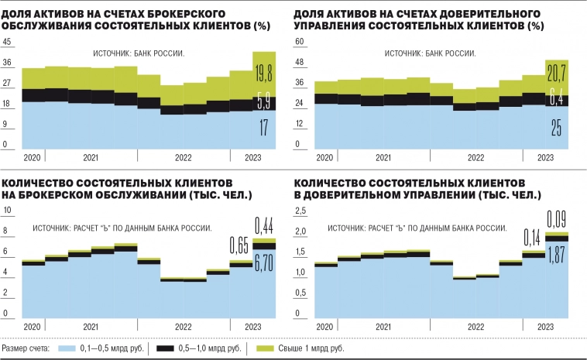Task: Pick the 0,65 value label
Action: [241, 247]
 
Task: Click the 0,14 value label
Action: [533, 237]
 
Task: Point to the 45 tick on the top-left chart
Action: [8, 42]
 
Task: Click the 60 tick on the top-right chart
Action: [300, 42]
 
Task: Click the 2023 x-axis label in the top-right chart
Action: [545, 157]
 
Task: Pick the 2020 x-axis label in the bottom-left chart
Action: [32, 326]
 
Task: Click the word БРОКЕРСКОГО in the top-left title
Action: [171, 15]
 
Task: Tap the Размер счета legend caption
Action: [27, 349]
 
